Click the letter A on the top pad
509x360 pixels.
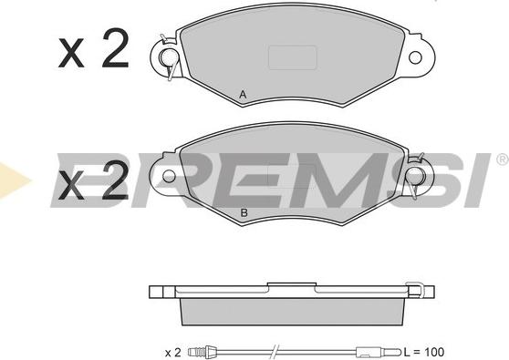[243, 95]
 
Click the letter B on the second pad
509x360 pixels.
[244, 213]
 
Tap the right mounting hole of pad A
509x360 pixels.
[415, 57]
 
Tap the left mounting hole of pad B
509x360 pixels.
[169, 176]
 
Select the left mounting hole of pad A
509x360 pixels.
[168, 57]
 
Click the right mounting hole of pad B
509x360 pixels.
[416, 176]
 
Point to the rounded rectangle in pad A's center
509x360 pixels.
[293, 57]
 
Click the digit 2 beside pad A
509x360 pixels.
[116, 48]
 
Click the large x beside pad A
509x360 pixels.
[71, 53]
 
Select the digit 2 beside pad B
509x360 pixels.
[115, 180]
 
